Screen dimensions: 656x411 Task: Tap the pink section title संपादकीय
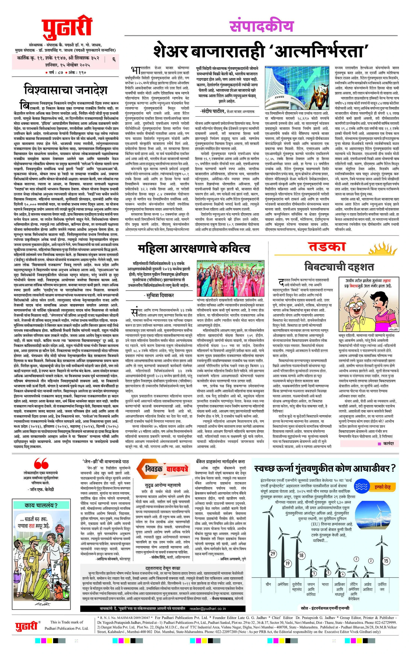[262, 26]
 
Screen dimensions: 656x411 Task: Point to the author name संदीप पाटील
[214, 111]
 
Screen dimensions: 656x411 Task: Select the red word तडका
[327, 246]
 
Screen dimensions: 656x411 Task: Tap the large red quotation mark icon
[42, 463]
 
